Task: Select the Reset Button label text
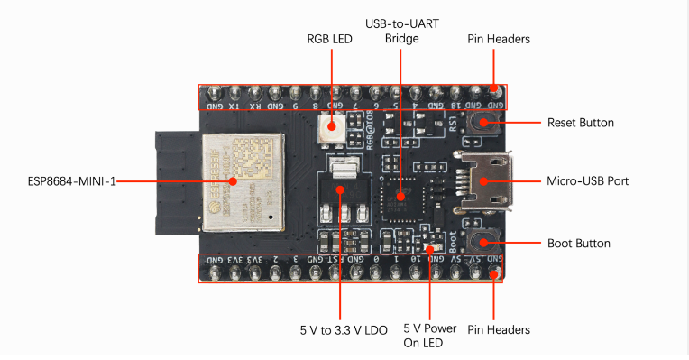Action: click(581, 123)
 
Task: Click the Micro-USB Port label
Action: click(587, 181)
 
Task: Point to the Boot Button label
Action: click(579, 244)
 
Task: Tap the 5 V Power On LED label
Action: click(429, 335)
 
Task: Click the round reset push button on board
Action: click(484, 124)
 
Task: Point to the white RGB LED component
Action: click(330, 129)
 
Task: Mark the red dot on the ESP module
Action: click(233, 181)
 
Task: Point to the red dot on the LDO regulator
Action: click(340, 190)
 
